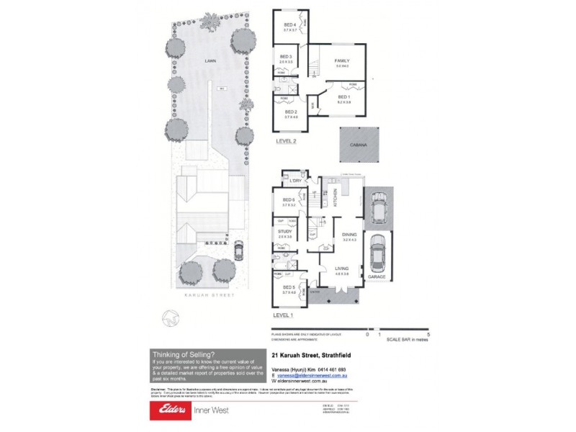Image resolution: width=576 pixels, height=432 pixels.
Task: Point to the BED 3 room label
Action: tap(285, 57)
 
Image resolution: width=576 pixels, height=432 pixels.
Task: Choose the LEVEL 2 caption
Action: tap(287, 142)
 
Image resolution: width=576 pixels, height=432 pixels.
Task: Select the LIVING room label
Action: tap(342, 269)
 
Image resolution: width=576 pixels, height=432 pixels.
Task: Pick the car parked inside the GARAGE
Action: tap(377, 253)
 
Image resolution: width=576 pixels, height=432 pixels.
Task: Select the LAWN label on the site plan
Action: tap(210, 62)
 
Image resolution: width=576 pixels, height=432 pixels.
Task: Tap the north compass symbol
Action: tap(170, 316)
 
